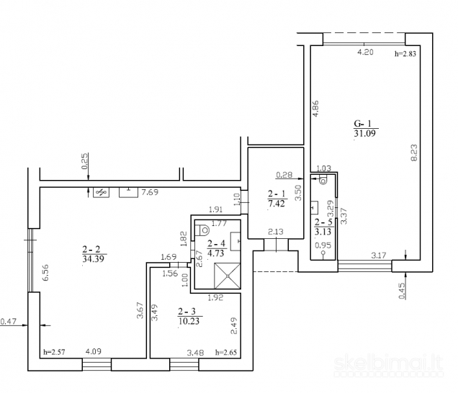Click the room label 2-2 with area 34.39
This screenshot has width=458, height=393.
91,249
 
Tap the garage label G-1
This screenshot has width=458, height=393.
362,124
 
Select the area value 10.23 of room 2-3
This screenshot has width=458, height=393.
189,321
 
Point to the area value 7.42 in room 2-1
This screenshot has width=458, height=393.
277,203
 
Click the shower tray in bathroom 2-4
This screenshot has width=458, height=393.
228,276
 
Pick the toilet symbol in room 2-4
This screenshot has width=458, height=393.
202,230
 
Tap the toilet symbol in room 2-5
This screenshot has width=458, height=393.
323,180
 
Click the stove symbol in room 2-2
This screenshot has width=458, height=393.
101,192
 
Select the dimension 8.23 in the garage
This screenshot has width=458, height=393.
414,153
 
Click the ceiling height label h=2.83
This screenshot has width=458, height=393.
405,54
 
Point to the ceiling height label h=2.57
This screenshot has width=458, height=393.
54,352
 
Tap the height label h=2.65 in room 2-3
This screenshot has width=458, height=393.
226,352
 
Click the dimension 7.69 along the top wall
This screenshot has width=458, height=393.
150,192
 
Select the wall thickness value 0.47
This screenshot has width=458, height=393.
8,322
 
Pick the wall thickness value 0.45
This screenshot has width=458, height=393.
403,291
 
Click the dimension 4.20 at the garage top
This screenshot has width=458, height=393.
365,53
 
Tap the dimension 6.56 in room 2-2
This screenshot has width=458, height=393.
45,272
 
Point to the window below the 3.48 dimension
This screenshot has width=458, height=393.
184,364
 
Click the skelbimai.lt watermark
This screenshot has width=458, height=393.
388,365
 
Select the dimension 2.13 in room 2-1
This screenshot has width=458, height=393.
276,232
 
